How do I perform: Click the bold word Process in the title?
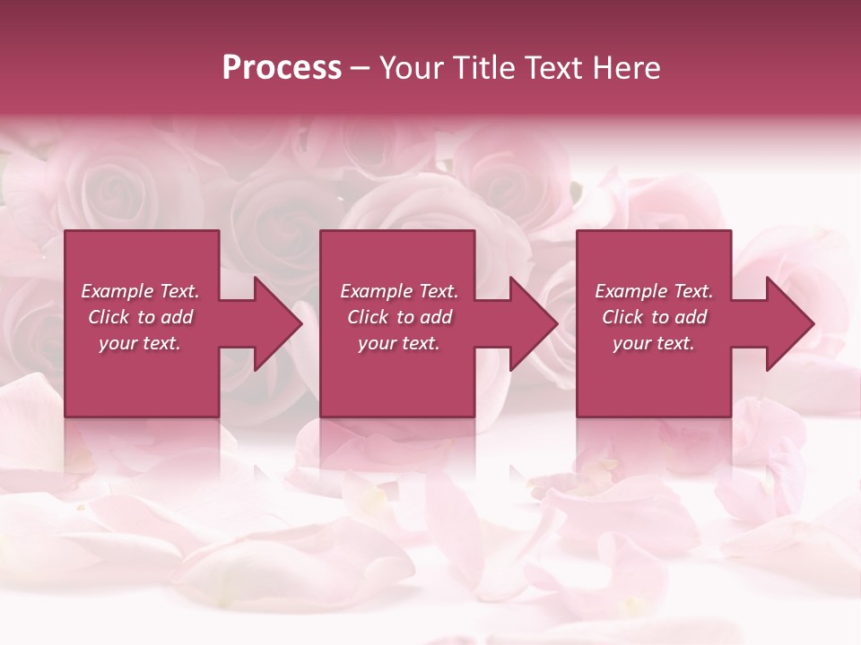pos(282,68)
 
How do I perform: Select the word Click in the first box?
pos(109,317)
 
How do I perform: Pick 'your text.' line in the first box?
pos(140,343)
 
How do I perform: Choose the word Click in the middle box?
pos(368,317)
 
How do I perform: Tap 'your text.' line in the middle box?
pos(399,343)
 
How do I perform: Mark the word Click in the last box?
pos(622,317)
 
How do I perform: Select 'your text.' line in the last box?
pos(654,343)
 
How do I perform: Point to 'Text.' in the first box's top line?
pos(178,291)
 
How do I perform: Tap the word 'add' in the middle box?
pos(435,317)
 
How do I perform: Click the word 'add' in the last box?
pos(690,317)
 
